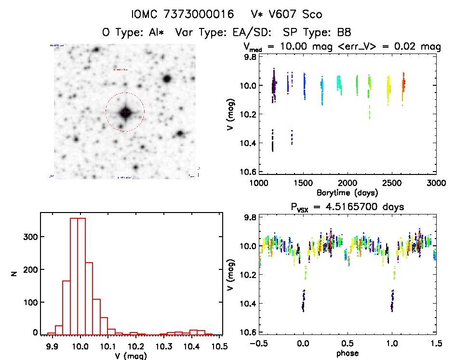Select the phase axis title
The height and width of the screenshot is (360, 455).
click(347, 353)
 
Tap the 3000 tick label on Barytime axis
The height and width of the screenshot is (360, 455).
click(436, 183)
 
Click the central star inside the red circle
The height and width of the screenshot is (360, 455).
click(125, 112)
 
